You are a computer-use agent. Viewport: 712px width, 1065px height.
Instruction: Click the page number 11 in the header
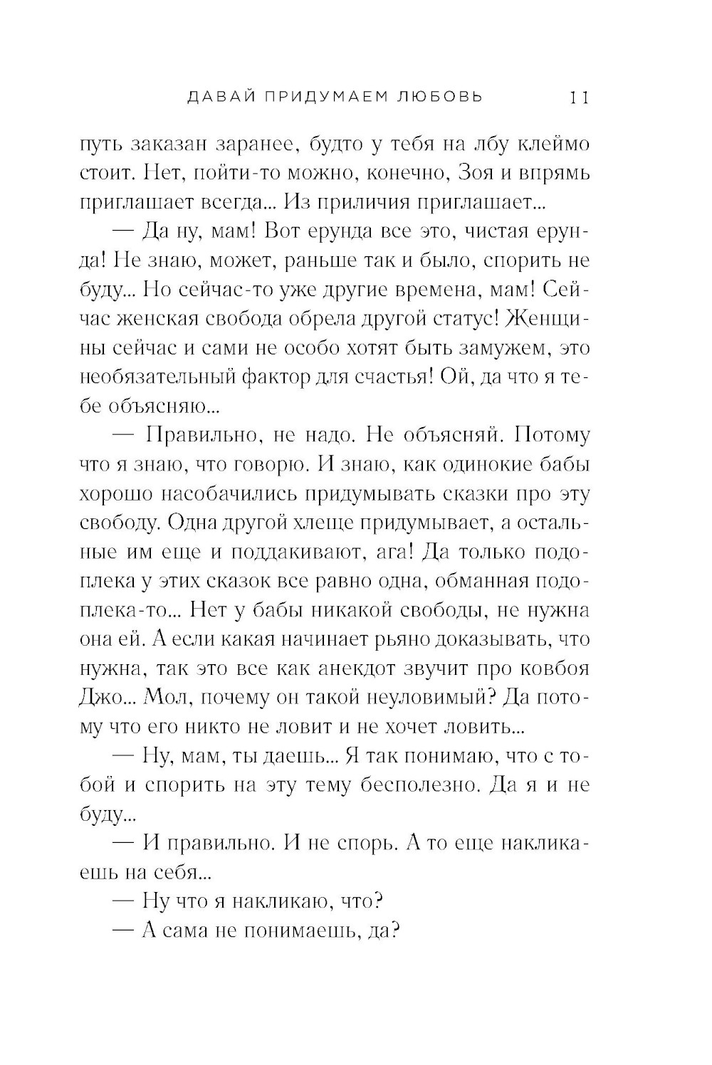pos(577,97)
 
